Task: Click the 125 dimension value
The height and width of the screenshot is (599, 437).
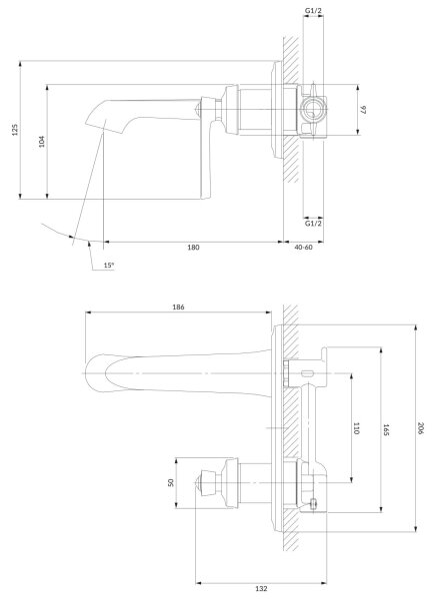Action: [15, 130]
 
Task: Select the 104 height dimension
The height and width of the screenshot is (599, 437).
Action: [42, 141]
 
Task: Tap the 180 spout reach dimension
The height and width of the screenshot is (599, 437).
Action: [193, 248]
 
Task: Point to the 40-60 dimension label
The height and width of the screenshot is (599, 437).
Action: [303, 248]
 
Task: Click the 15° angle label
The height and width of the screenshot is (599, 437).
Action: [109, 266]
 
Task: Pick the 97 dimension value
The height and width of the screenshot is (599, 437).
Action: [364, 110]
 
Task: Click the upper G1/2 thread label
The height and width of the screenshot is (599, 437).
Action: [313, 11]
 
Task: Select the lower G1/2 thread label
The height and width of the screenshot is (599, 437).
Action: [313, 223]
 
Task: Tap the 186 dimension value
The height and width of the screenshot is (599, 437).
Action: [178, 306]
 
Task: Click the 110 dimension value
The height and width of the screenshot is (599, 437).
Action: [356, 428]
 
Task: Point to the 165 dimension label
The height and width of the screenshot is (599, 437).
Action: [386, 429]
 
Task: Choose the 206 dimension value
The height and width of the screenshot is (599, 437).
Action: [421, 428]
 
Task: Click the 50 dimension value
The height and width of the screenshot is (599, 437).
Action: [171, 482]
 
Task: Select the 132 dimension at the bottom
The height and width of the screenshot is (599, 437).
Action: [261, 589]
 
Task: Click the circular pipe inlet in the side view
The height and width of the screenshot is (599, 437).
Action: [313, 110]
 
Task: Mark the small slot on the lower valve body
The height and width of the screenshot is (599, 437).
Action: [307, 372]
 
